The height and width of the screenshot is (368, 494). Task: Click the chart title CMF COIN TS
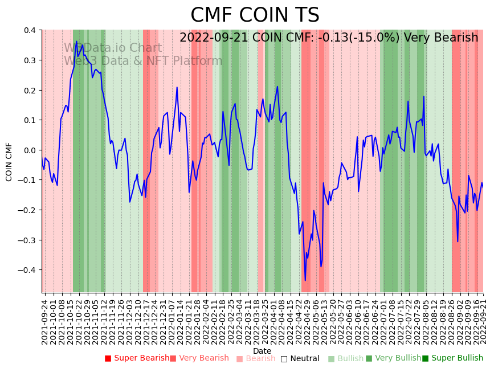click(255, 15)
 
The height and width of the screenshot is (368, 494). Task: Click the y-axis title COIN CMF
click(9, 162)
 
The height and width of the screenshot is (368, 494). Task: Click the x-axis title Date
click(262, 351)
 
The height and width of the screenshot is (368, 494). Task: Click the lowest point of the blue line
click(305, 280)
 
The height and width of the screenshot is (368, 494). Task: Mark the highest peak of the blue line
click(76, 41)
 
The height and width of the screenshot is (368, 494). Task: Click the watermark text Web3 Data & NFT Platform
click(143, 61)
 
